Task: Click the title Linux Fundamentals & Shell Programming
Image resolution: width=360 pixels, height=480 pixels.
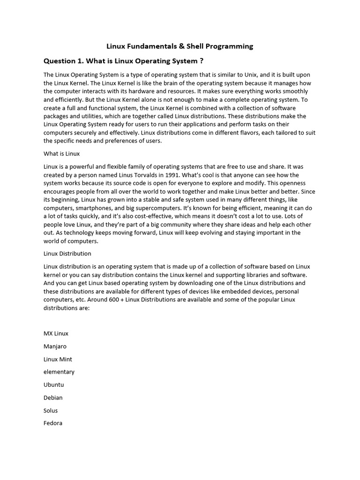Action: click(x=180, y=46)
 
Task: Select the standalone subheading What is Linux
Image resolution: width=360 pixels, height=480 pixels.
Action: click(x=61, y=153)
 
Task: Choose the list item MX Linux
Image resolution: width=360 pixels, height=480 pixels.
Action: click(x=56, y=334)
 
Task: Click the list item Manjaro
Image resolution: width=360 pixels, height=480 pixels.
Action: click(x=55, y=346)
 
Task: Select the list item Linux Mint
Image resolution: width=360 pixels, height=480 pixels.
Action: click(x=58, y=359)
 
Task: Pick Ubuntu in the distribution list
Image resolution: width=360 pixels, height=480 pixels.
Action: click(x=53, y=385)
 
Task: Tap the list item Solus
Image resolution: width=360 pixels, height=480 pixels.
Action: click(x=51, y=410)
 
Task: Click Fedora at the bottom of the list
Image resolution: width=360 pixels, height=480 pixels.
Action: click(x=53, y=423)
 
